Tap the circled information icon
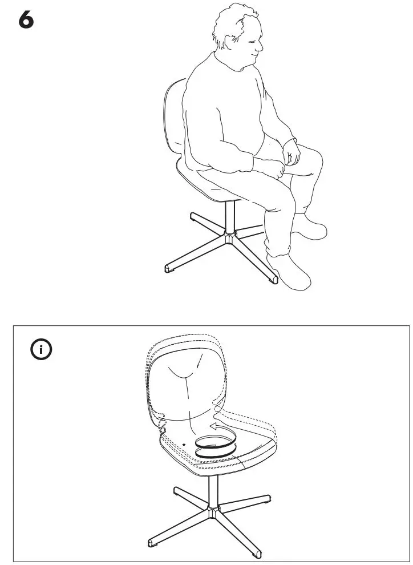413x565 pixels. (x=41, y=350)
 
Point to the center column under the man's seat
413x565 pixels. (x=229, y=216)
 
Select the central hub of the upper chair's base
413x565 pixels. (x=230, y=236)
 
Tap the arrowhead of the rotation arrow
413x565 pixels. (x=212, y=426)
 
